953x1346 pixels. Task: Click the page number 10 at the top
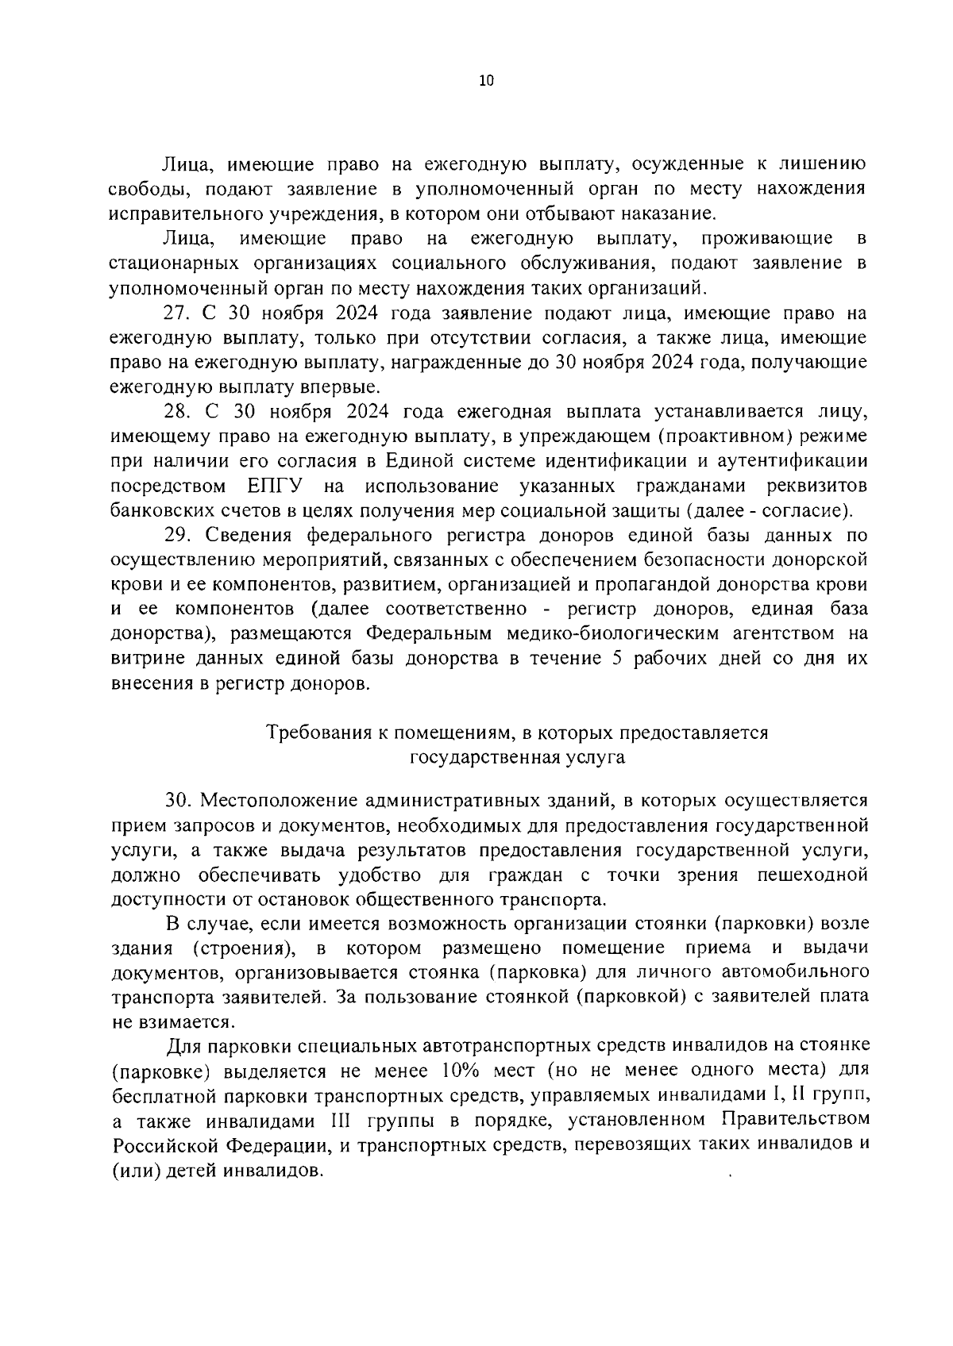[487, 80]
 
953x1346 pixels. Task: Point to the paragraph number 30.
[179, 800]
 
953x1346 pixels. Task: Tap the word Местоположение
[275, 800]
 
